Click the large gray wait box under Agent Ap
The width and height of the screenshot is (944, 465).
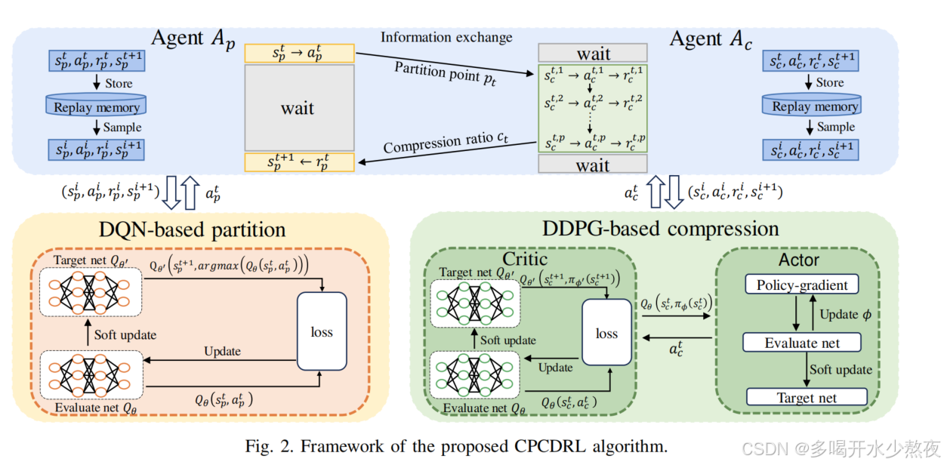pyautogui.click(x=298, y=107)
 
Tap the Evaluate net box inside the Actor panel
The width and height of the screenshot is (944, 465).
pyautogui.click(x=802, y=343)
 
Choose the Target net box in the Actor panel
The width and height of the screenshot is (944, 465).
pyautogui.click(x=807, y=397)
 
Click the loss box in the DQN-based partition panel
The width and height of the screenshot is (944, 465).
pyautogui.click(x=322, y=331)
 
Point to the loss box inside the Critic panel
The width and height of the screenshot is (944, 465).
pyautogui.click(x=606, y=334)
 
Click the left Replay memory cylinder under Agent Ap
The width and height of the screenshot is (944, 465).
pyautogui.click(x=97, y=105)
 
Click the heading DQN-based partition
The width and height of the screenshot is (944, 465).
pyautogui.click(x=193, y=229)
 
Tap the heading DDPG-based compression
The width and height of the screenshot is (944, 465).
pyautogui.click(x=659, y=227)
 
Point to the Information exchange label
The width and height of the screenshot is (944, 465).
pyautogui.click(x=446, y=38)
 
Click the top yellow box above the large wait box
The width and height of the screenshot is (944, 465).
pyautogui.click(x=299, y=53)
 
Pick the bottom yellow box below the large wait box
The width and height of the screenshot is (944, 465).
pyautogui.click(x=299, y=161)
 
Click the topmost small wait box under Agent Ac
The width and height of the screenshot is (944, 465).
pyautogui.click(x=593, y=53)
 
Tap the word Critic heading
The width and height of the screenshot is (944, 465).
pyautogui.click(x=529, y=259)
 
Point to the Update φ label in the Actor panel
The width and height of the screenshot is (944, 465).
pyautogui.click(x=848, y=314)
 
